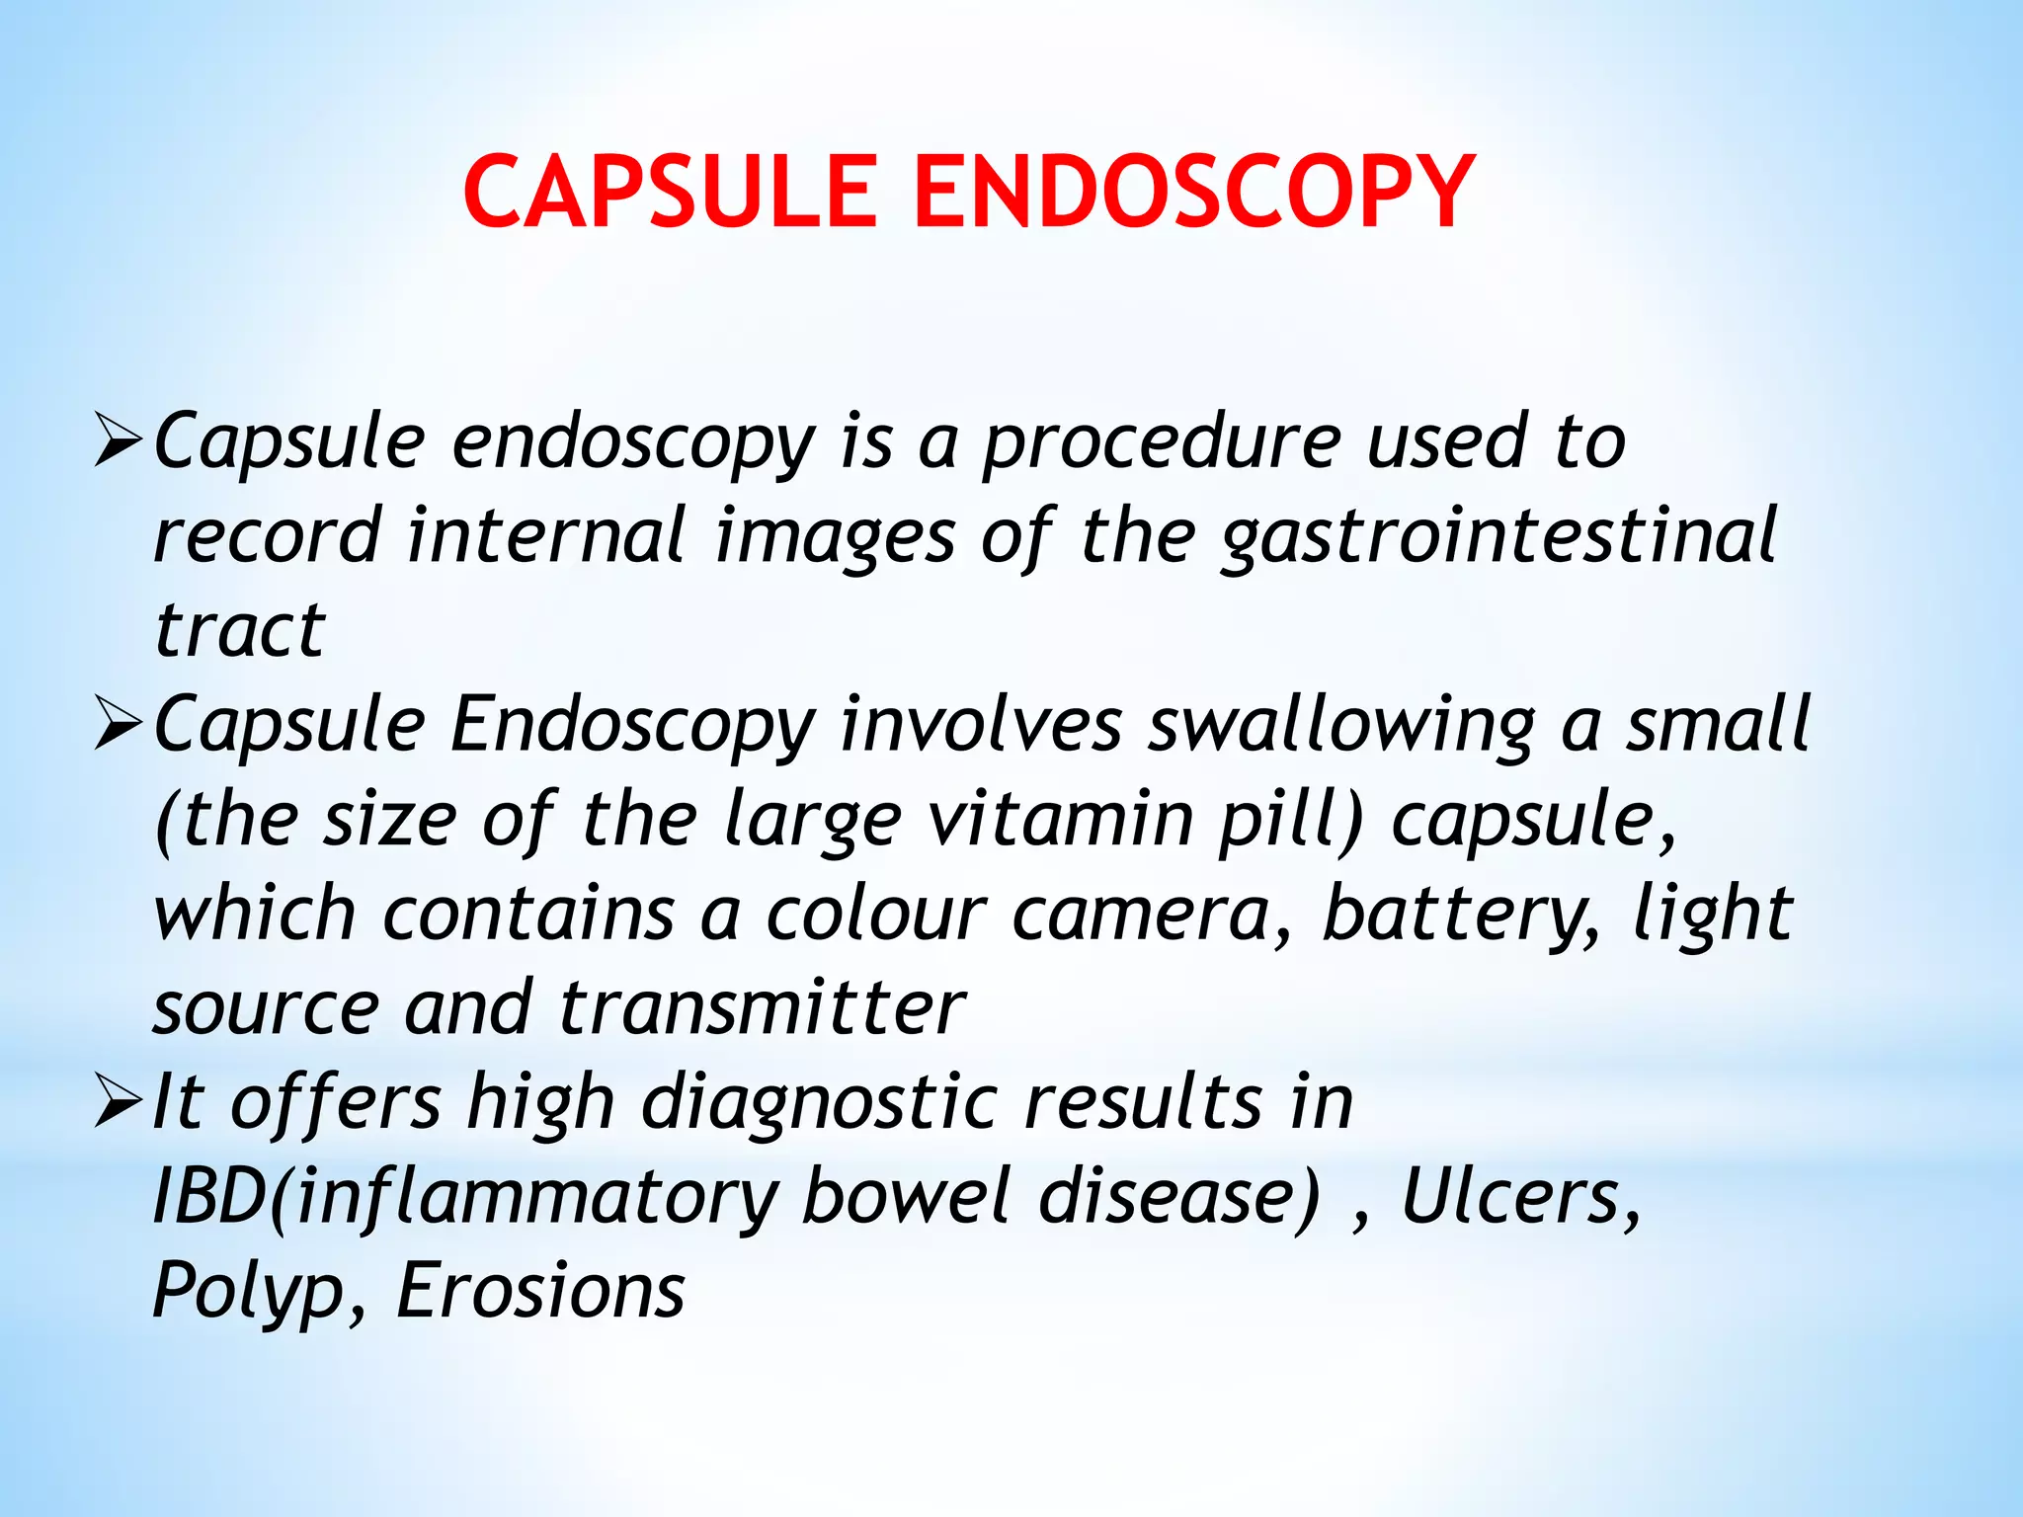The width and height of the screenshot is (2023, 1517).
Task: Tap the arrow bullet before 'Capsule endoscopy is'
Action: click(x=120, y=441)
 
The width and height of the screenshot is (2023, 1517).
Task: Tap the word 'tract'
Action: click(x=240, y=630)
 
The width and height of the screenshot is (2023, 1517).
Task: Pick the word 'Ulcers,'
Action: click(x=1521, y=1197)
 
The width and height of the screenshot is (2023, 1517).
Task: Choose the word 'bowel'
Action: click(x=907, y=1197)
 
